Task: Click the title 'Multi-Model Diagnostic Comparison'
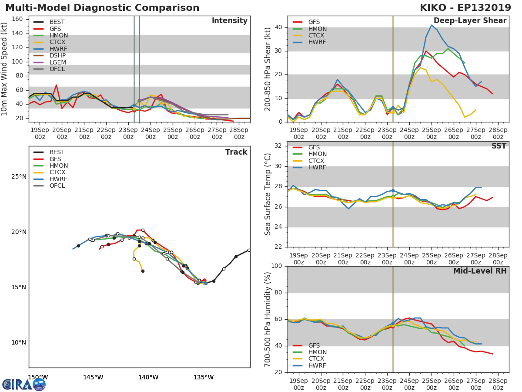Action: point(102,8)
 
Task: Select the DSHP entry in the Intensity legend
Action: point(57,56)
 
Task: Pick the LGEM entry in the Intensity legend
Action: point(57,62)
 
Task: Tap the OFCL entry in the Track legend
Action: point(57,186)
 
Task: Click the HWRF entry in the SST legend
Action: point(317,168)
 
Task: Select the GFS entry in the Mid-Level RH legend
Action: point(314,346)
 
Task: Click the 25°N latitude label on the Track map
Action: point(18,177)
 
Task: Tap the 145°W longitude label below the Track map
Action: point(93,377)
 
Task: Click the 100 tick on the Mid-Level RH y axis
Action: point(276,266)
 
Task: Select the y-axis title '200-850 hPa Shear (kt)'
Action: point(268,69)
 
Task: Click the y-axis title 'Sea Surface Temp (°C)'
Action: point(268,194)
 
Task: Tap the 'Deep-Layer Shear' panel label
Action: point(470,21)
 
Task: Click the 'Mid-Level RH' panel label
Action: point(480,271)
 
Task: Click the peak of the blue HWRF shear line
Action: point(432,25)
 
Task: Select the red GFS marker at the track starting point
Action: point(204,280)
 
